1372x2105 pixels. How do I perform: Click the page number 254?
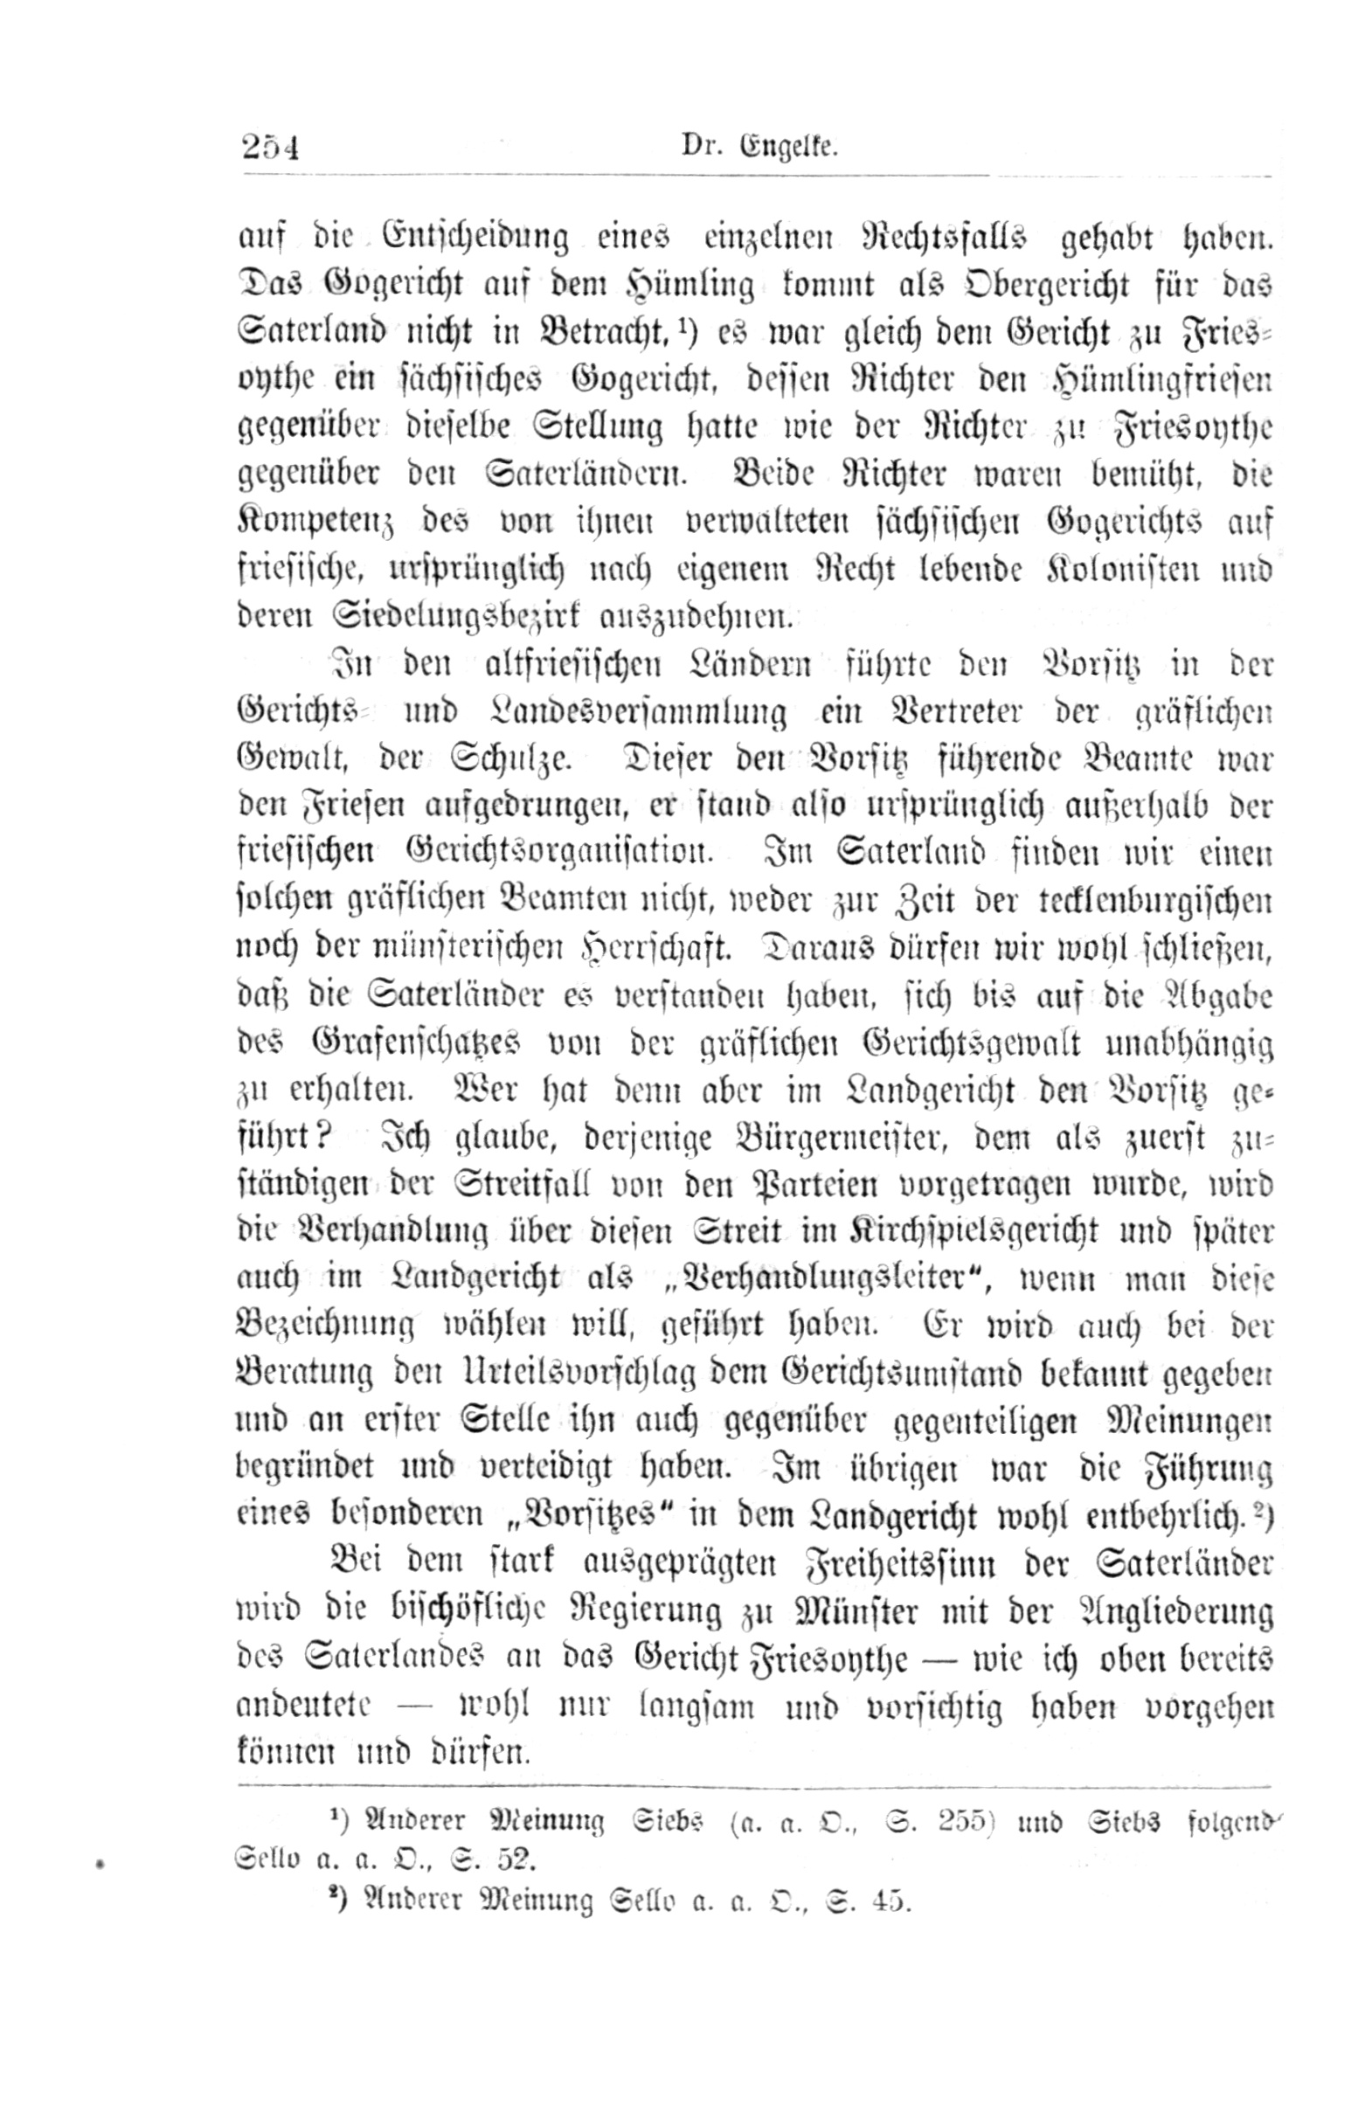coord(271,145)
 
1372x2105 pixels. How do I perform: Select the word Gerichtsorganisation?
coord(558,855)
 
